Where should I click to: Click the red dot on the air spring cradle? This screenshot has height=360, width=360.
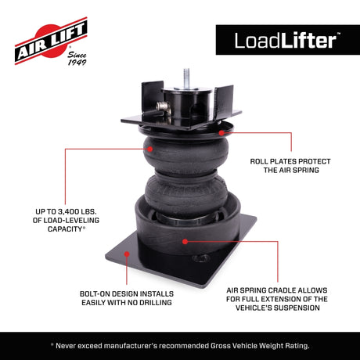pos(185,241)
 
